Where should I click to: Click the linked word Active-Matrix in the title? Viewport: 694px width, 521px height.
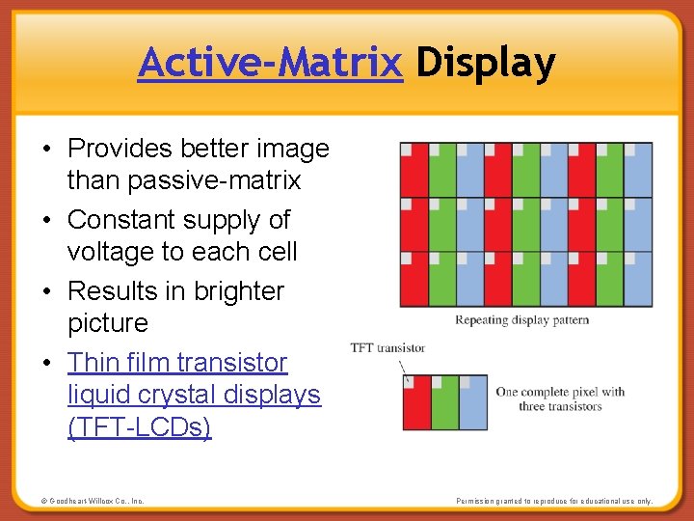click(x=270, y=64)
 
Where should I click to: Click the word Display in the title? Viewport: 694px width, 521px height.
click(x=486, y=64)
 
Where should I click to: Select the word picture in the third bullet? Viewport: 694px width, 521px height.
click(x=107, y=323)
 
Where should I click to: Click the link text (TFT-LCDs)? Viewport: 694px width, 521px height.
click(x=139, y=426)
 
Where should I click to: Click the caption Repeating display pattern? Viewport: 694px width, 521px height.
click(x=521, y=320)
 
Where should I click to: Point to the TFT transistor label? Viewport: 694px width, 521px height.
click(x=387, y=347)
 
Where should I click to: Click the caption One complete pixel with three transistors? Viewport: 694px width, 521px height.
click(x=560, y=398)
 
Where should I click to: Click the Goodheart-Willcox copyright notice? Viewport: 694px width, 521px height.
click(x=93, y=502)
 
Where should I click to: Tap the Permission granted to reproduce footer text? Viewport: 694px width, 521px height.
click(x=554, y=502)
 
